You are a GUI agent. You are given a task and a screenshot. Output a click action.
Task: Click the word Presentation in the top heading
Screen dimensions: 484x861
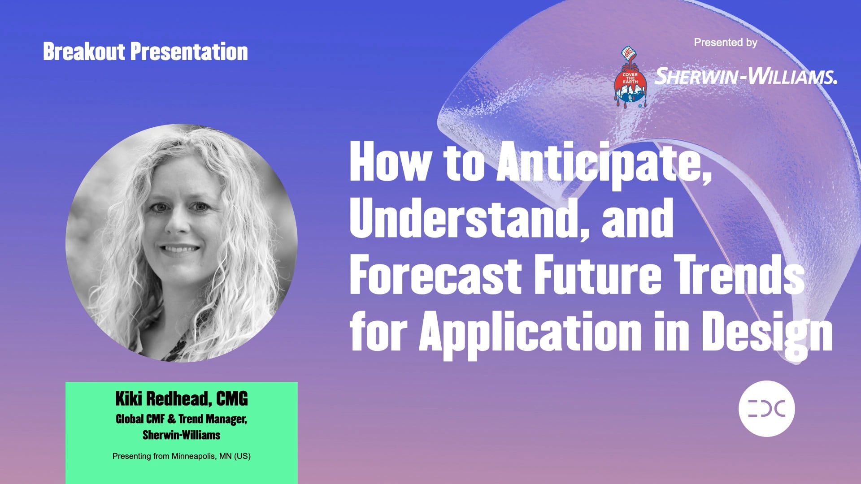tap(189, 52)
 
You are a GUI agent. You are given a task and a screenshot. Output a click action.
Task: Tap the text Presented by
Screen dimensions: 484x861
tap(725, 43)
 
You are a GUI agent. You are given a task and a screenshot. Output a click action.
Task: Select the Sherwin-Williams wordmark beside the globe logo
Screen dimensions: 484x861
tap(746, 76)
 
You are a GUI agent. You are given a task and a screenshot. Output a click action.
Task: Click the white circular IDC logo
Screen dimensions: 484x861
tap(766, 409)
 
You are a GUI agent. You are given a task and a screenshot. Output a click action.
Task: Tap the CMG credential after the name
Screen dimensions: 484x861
tap(232, 398)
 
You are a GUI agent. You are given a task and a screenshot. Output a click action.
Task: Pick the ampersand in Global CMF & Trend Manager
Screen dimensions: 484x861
tap(172, 419)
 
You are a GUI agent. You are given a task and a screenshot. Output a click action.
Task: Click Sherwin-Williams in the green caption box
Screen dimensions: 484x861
tap(181, 435)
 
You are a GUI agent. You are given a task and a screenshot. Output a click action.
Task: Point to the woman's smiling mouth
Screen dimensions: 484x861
tap(179, 249)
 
